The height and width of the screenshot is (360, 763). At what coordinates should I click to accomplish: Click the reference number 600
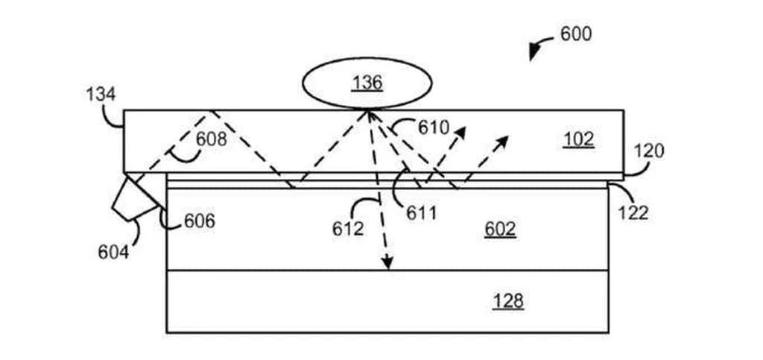pos(576,34)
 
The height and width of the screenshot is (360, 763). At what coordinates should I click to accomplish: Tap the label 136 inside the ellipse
pos(367,82)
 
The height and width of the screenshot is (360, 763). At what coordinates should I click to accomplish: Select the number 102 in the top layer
pos(578,139)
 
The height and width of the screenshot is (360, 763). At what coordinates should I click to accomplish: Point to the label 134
pos(101,95)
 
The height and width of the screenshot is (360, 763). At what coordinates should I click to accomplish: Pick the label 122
pos(633,213)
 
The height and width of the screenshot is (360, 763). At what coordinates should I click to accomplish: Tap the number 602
pos(500,229)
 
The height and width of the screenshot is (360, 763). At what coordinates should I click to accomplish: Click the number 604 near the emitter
pos(113,252)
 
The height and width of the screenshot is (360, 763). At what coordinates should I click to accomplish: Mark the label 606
pos(199,221)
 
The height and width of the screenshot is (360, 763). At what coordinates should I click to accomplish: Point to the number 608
pos(212,139)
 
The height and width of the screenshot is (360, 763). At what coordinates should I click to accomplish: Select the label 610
pos(434,127)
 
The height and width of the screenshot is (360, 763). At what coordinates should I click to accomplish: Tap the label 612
pos(348,228)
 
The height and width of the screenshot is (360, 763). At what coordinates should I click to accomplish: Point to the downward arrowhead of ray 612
pos(387,263)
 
